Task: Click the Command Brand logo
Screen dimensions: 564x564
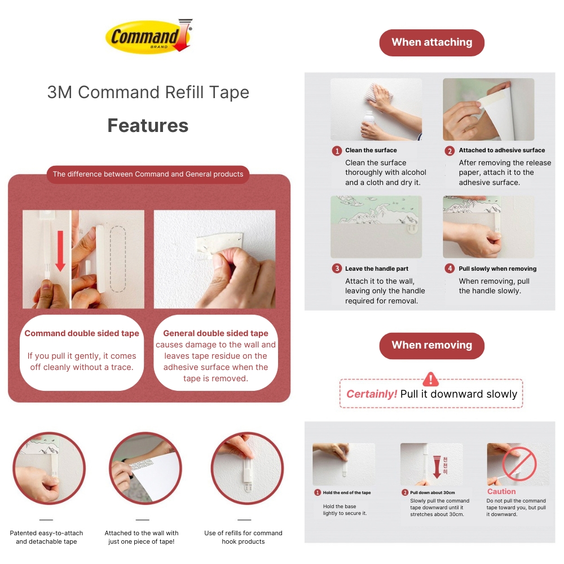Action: click(148, 36)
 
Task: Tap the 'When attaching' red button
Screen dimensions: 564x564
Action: click(431, 42)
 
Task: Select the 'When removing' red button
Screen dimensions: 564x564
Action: click(431, 345)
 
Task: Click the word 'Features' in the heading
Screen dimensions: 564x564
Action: click(148, 125)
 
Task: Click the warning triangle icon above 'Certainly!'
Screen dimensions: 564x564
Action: click(430, 379)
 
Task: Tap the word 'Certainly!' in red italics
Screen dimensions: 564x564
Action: click(372, 394)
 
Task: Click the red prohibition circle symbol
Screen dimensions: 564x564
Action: click(519, 464)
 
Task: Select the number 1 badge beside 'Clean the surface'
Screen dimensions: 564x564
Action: click(337, 151)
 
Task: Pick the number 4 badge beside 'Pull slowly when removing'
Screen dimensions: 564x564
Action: click(450, 269)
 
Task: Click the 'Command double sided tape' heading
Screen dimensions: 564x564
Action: click(82, 333)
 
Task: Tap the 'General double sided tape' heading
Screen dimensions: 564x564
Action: click(215, 333)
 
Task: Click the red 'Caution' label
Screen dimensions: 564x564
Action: click(501, 491)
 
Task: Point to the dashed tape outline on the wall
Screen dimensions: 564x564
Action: click(118, 259)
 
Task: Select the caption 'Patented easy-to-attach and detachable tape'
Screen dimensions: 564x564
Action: click(46, 537)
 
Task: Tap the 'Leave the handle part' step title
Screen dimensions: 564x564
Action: click(377, 269)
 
